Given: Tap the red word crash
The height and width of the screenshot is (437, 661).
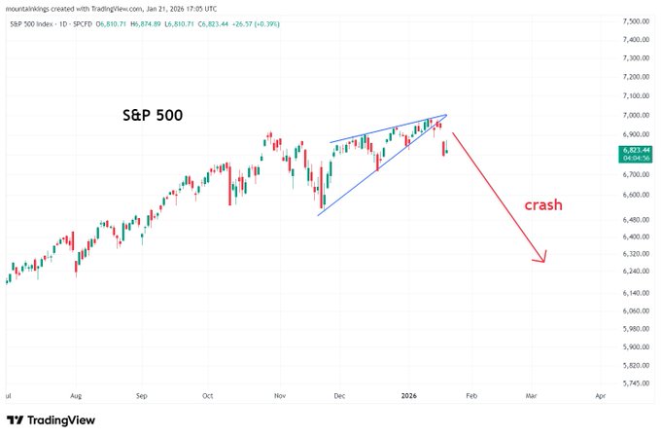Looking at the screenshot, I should tap(543, 206).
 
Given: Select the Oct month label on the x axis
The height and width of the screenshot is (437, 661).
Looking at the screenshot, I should tap(207, 397).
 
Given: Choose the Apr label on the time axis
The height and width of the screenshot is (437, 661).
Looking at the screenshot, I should tap(600, 397).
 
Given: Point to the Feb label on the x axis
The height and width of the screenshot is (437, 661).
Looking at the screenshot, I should tap(471, 397).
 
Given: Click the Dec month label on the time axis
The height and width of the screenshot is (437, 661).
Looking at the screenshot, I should tap(340, 397).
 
